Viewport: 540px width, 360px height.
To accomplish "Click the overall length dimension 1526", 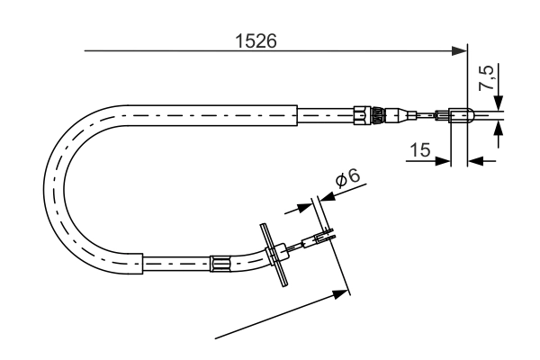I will [255, 40].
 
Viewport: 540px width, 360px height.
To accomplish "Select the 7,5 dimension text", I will [486, 79].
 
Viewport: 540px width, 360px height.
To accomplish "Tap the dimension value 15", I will [417, 149].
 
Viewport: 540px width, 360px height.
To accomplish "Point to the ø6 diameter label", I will [347, 178].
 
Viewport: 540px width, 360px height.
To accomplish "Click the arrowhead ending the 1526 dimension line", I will [461, 51].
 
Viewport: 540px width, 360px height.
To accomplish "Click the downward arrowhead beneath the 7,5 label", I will [498, 103].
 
